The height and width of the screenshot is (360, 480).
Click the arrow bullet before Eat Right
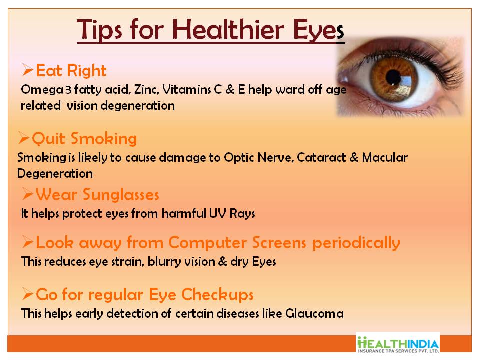tap(28, 70)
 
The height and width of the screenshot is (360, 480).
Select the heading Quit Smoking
tap(84, 138)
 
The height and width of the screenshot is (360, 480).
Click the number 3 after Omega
tap(68, 90)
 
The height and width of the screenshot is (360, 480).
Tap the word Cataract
tap(321, 157)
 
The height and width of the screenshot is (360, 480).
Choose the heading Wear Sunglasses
tap(97, 194)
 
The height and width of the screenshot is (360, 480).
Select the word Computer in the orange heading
tap(207, 243)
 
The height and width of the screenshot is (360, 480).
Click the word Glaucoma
tap(314, 314)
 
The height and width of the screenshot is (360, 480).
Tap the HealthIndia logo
tap(398, 343)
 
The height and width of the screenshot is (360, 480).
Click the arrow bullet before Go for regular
tap(28, 294)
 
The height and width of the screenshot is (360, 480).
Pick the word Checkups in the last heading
tap(217, 295)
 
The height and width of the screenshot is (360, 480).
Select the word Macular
tap(385, 157)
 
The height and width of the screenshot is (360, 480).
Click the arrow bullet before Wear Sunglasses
tap(28, 194)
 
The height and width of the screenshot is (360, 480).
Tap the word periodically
tap(356, 243)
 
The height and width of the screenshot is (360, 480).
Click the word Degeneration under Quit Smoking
tap(55, 174)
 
